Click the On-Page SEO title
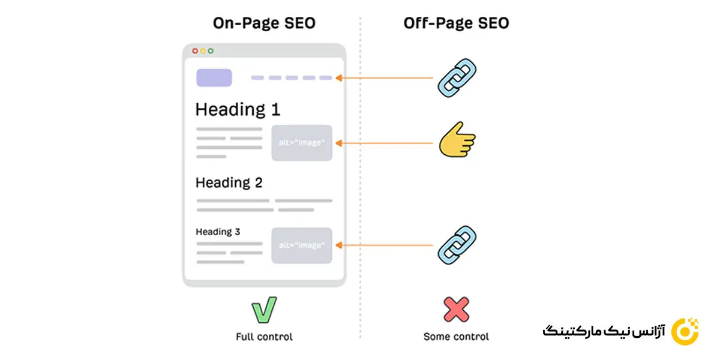coord(264,23)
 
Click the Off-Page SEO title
coord(456,23)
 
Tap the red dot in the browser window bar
coord(195,51)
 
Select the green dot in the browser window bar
coord(211,51)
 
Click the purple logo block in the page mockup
coord(214,78)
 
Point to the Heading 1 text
coord(238,110)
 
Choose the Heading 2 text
coord(229,182)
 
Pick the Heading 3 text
coord(218,232)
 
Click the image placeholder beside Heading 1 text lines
coord(302,143)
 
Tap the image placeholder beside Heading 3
coord(302,245)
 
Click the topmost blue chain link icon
coord(457,79)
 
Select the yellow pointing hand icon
coord(456,143)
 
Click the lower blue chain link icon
coord(457,245)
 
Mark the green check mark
coord(264,310)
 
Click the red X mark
coord(456,310)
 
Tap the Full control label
coord(264,337)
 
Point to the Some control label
coord(456,337)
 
